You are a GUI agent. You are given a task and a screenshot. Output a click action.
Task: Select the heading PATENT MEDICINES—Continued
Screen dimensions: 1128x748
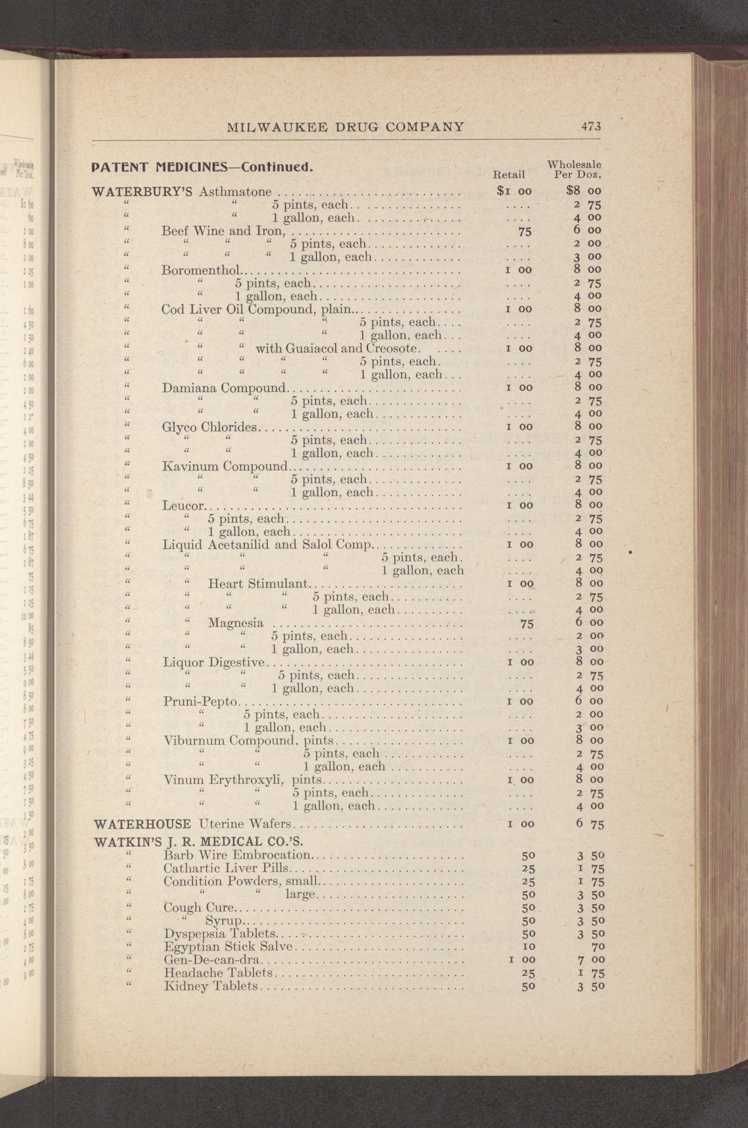tap(202, 168)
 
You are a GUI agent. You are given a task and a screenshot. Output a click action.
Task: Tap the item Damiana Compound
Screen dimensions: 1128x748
tap(223, 388)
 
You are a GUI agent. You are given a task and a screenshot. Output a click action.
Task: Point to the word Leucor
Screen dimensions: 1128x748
tap(184, 505)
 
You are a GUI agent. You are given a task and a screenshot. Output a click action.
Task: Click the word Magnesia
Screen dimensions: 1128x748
tap(236, 623)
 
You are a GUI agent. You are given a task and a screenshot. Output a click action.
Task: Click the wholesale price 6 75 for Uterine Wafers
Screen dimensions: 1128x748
tap(589, 824)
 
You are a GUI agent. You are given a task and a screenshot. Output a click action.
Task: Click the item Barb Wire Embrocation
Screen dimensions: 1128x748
tap(236, 855)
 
